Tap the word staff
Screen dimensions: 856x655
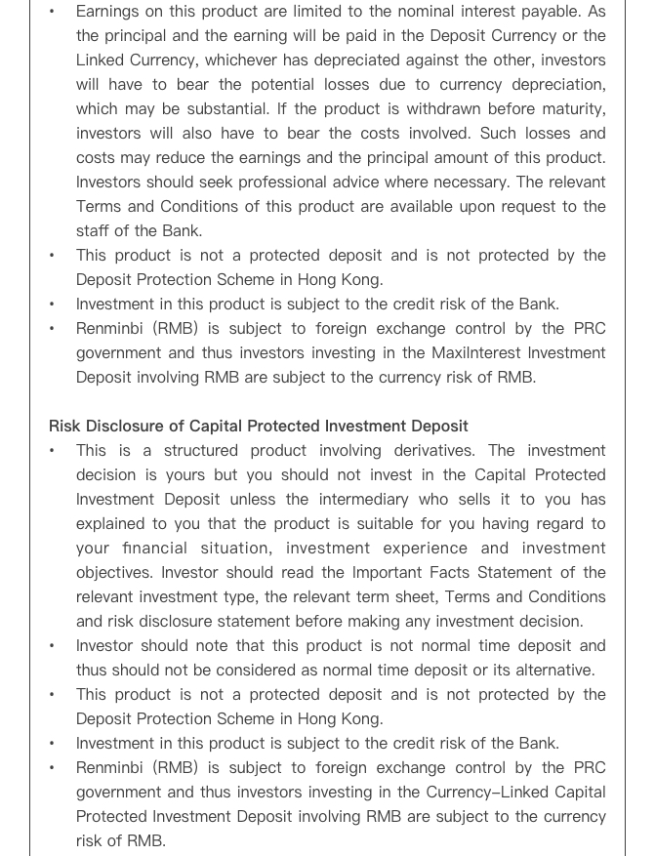[x=95, y=231]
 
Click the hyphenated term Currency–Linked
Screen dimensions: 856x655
[x=509, y=793]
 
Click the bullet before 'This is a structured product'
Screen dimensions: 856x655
[x=53, y=451]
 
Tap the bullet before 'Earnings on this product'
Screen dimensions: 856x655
[x=53, y=12]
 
